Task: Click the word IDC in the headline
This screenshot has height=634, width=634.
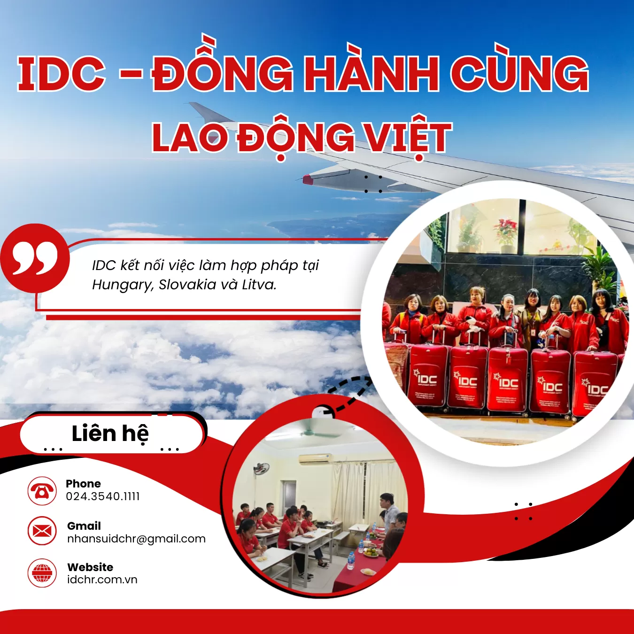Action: [61, 74]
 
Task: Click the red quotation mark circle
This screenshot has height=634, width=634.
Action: [35, 258]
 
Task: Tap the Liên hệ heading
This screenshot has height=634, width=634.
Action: [110, 433]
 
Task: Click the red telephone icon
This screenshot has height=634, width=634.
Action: [42, 491]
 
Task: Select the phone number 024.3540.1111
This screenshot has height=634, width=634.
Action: [103, 496]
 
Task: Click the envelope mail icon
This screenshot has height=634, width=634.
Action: [42, 532]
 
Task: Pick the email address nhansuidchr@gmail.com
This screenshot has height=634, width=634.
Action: [136, 539]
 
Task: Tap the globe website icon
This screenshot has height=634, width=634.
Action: [42, 573]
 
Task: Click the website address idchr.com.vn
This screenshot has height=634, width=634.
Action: [102, 580]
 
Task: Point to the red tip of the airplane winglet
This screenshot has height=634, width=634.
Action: [308, 179]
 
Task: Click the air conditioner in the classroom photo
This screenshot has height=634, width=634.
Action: [315, 458]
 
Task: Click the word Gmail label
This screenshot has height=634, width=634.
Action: [84, 526]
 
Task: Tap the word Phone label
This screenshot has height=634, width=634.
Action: [83, 484]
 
